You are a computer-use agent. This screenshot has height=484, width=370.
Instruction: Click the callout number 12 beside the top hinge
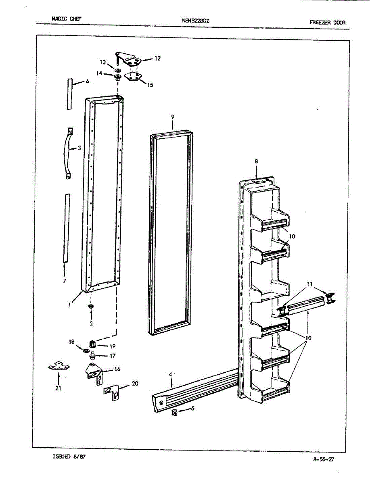coord(157,58)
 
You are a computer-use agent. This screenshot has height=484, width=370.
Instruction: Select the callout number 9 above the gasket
coord(172,117)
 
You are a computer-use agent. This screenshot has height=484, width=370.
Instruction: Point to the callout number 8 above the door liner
coord(256,161)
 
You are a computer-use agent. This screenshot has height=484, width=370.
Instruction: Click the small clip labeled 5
coord(175,412)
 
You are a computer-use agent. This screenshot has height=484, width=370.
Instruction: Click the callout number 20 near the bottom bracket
coord(135,384)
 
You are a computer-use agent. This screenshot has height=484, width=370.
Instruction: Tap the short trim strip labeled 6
coord(69,94)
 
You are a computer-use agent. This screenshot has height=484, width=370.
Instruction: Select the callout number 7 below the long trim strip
coord(65,281)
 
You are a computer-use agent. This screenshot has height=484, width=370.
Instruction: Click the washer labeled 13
coord(117,70)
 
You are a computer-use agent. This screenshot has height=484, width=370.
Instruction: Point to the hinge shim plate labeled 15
coord(134,76)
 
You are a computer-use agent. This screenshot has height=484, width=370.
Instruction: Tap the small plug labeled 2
coord(91,308)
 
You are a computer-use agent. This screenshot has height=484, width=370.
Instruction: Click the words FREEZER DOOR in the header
coord(327,23)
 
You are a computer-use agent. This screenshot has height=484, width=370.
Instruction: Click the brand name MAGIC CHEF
coord(67,19)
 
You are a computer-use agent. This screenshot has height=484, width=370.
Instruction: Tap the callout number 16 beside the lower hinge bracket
coord(117,369)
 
